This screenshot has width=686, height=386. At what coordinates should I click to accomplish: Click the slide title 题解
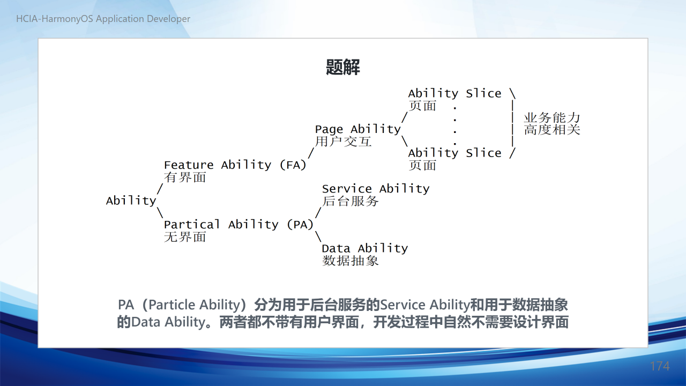[342, 67]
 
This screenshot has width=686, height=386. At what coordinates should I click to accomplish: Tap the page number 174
[660, 366]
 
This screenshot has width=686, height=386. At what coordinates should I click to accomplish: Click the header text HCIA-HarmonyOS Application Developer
[103, 19]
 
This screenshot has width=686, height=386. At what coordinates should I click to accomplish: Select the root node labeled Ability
[131, 201]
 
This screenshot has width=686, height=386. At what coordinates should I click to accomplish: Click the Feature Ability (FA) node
[235, 165]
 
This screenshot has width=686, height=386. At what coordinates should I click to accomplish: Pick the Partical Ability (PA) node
[239, 225]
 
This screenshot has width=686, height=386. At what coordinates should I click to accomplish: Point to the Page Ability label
[357, 129]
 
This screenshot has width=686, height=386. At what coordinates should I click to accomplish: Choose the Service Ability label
[376, 189]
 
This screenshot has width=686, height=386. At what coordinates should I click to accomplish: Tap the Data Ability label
[365, 248]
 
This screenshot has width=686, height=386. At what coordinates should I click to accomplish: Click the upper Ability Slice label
[455, 93]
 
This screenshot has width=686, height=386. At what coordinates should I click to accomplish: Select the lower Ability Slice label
[455, 153]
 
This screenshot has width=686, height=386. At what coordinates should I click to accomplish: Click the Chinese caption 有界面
[185, 177]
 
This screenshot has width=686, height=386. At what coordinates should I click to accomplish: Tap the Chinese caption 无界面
[185, 237]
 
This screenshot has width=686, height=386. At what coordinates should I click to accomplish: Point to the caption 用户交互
[344, 142]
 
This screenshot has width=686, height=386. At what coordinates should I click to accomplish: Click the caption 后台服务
[351, 201]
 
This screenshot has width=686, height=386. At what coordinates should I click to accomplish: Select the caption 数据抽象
[351, 261]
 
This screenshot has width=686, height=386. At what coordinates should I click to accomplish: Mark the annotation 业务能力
[552, 118]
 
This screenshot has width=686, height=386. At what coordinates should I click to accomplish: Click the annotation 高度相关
[552, 130]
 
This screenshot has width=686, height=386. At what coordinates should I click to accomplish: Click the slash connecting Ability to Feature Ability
[160, 189]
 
